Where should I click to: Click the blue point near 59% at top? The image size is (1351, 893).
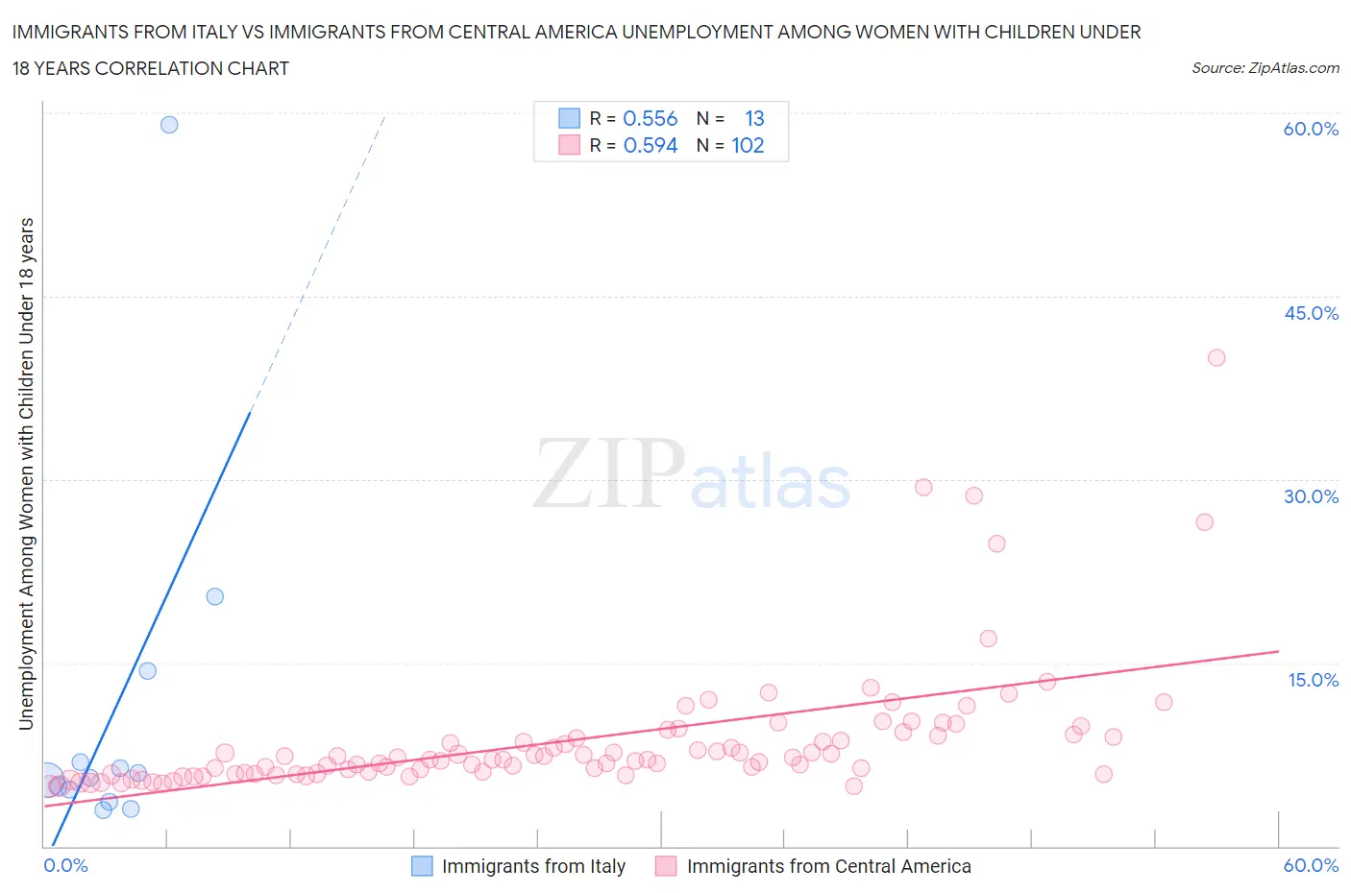pos(169,125)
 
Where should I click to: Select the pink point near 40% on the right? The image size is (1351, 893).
pos(1216,357)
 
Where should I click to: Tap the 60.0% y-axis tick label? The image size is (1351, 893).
pos(1311,129)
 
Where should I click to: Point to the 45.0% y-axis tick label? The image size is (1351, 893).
pos(1311,313)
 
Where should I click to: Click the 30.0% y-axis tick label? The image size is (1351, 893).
pos(1311,496)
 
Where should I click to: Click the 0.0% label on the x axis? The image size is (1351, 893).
pos(66,865)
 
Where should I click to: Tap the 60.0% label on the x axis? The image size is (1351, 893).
pos(1311,865)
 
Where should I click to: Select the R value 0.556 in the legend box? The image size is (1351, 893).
pos(651,118)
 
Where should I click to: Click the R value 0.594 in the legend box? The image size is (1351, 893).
pos(651,145)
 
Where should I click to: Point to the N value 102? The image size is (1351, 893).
pos(748,145)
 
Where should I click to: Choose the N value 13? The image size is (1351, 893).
pos(754,118)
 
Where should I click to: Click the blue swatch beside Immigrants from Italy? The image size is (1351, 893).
pos(422,866)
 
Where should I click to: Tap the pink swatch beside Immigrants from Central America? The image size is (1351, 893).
pos(666,866)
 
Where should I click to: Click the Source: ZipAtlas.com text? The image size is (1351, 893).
pos(1265,68)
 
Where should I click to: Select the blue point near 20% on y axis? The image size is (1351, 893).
pos(215,596)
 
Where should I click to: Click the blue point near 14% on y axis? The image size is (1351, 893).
pos(147,670)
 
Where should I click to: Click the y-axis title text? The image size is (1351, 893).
pos(27,473)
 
